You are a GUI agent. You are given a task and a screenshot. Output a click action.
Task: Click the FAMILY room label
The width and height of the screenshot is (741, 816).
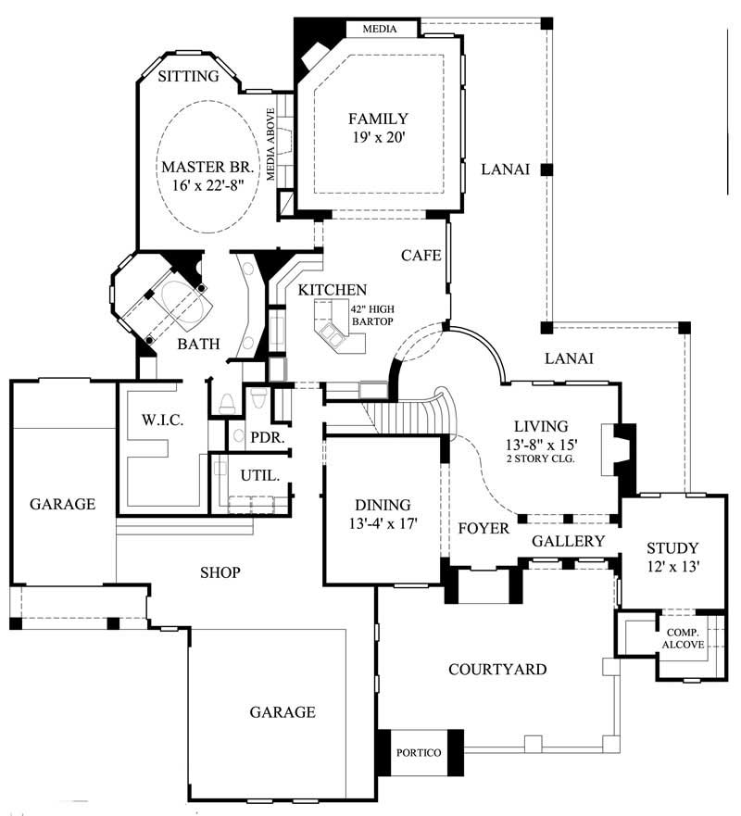click(x=377, y=119)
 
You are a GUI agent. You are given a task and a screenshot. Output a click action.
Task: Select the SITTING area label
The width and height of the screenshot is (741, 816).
click(x=188, y=76)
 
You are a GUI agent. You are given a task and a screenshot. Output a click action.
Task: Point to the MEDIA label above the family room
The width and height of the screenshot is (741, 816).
click(x=379, y=30)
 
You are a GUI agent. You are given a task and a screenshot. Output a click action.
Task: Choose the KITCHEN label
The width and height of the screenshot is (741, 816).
click(x=333, y=290)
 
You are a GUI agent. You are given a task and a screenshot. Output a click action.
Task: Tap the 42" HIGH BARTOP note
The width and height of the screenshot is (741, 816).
click(x=371, y=315)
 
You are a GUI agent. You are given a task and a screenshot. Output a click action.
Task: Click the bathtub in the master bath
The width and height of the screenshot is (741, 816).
click(x=182, y=302)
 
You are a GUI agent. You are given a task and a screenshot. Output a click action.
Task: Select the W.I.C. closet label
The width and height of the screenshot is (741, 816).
click(x=163, y=420)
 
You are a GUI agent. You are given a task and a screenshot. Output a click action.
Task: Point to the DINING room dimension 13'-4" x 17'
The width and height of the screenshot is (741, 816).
click(x=383, y=522)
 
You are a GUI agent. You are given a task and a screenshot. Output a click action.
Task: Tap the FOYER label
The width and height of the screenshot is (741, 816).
click(x=484, y=528)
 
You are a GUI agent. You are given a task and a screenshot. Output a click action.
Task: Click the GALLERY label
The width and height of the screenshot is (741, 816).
click(x=568, y=541)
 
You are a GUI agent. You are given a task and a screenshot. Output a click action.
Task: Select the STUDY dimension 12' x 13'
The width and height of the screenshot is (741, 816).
click(x=672, y=564)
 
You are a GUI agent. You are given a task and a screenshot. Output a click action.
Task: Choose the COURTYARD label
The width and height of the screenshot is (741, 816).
click(x=496, y=669)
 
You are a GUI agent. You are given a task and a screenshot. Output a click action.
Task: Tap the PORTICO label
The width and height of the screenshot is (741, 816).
click(x=419, y=752)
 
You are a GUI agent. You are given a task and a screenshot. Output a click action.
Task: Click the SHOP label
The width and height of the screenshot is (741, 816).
click(x=220, y=572)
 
